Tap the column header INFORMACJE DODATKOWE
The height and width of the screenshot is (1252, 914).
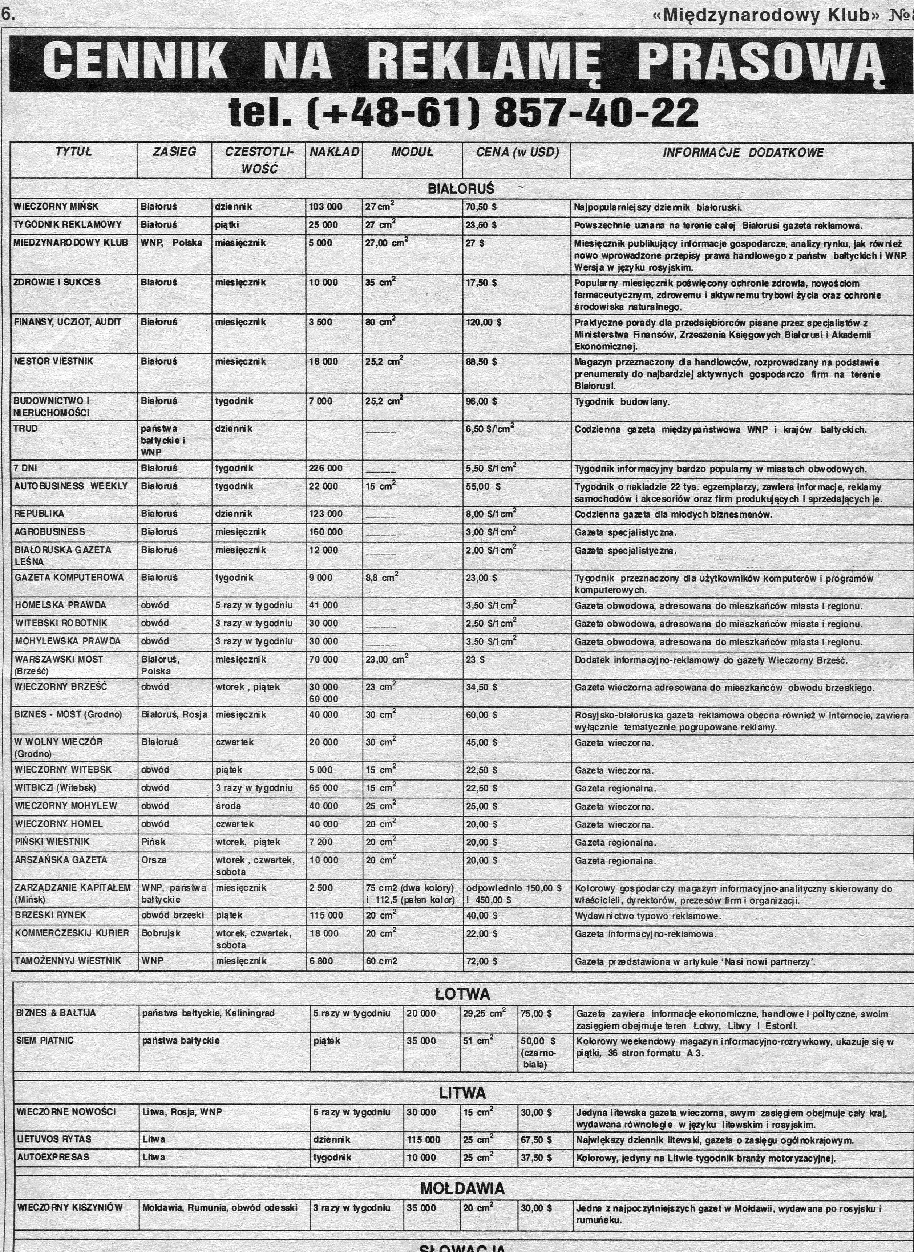coord(743,153)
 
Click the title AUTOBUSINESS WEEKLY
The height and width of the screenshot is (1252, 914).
coord(71,486)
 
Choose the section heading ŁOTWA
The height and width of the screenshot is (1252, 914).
coord(462,994)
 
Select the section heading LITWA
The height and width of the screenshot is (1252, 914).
coord(462,1093)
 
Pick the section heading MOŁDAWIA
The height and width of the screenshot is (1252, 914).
coord(462,1188)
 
